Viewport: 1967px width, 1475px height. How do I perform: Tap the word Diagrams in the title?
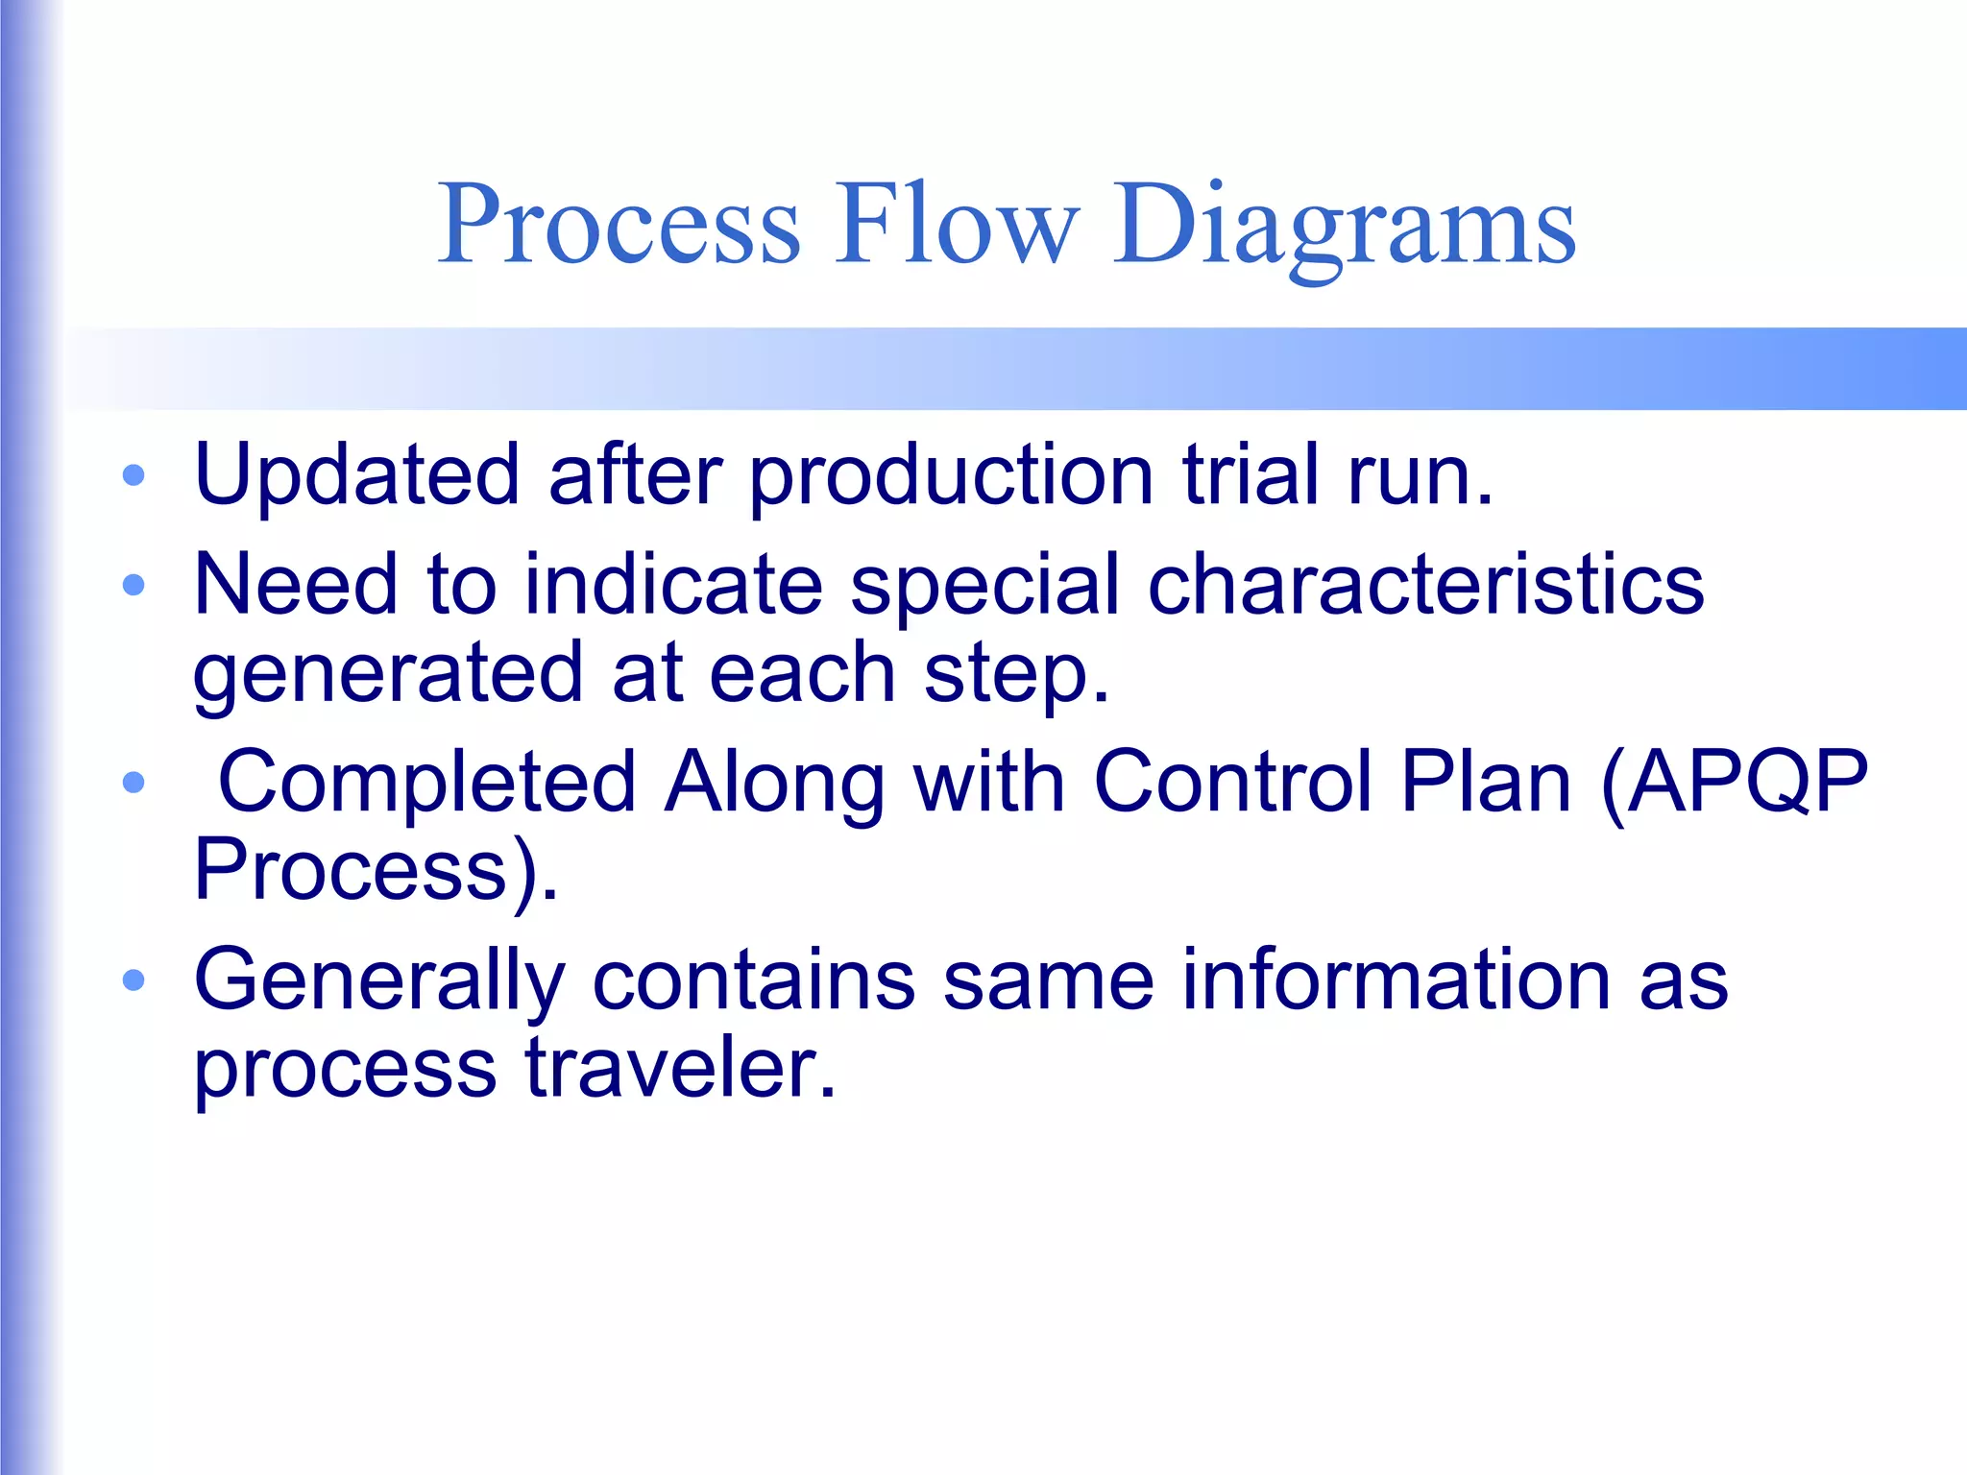pyautogui.click(x=1344, y=227)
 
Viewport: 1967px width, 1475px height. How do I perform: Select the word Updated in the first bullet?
pyautogui.click(x=357, y=474)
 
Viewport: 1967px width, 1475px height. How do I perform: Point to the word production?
pyautogui.click(x=951, y=476)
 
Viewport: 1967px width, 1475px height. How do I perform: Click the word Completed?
pyautogui.click(x=427, y=784)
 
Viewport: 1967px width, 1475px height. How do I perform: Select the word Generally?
pyautogui.click(x=378, y=981)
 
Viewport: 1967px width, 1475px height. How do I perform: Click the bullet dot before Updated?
pyautogui.click(x=134, y=474)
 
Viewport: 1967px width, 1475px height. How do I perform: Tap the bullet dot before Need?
pyautogui.click(x=134, y=584)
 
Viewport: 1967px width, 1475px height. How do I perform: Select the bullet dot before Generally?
pyautogui.click(x=134, y=979)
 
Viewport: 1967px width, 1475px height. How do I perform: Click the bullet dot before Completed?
pyautogui.click(x=134, y=782)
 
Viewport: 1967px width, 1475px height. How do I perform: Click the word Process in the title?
pyautogui.click(x=619, y=225)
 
